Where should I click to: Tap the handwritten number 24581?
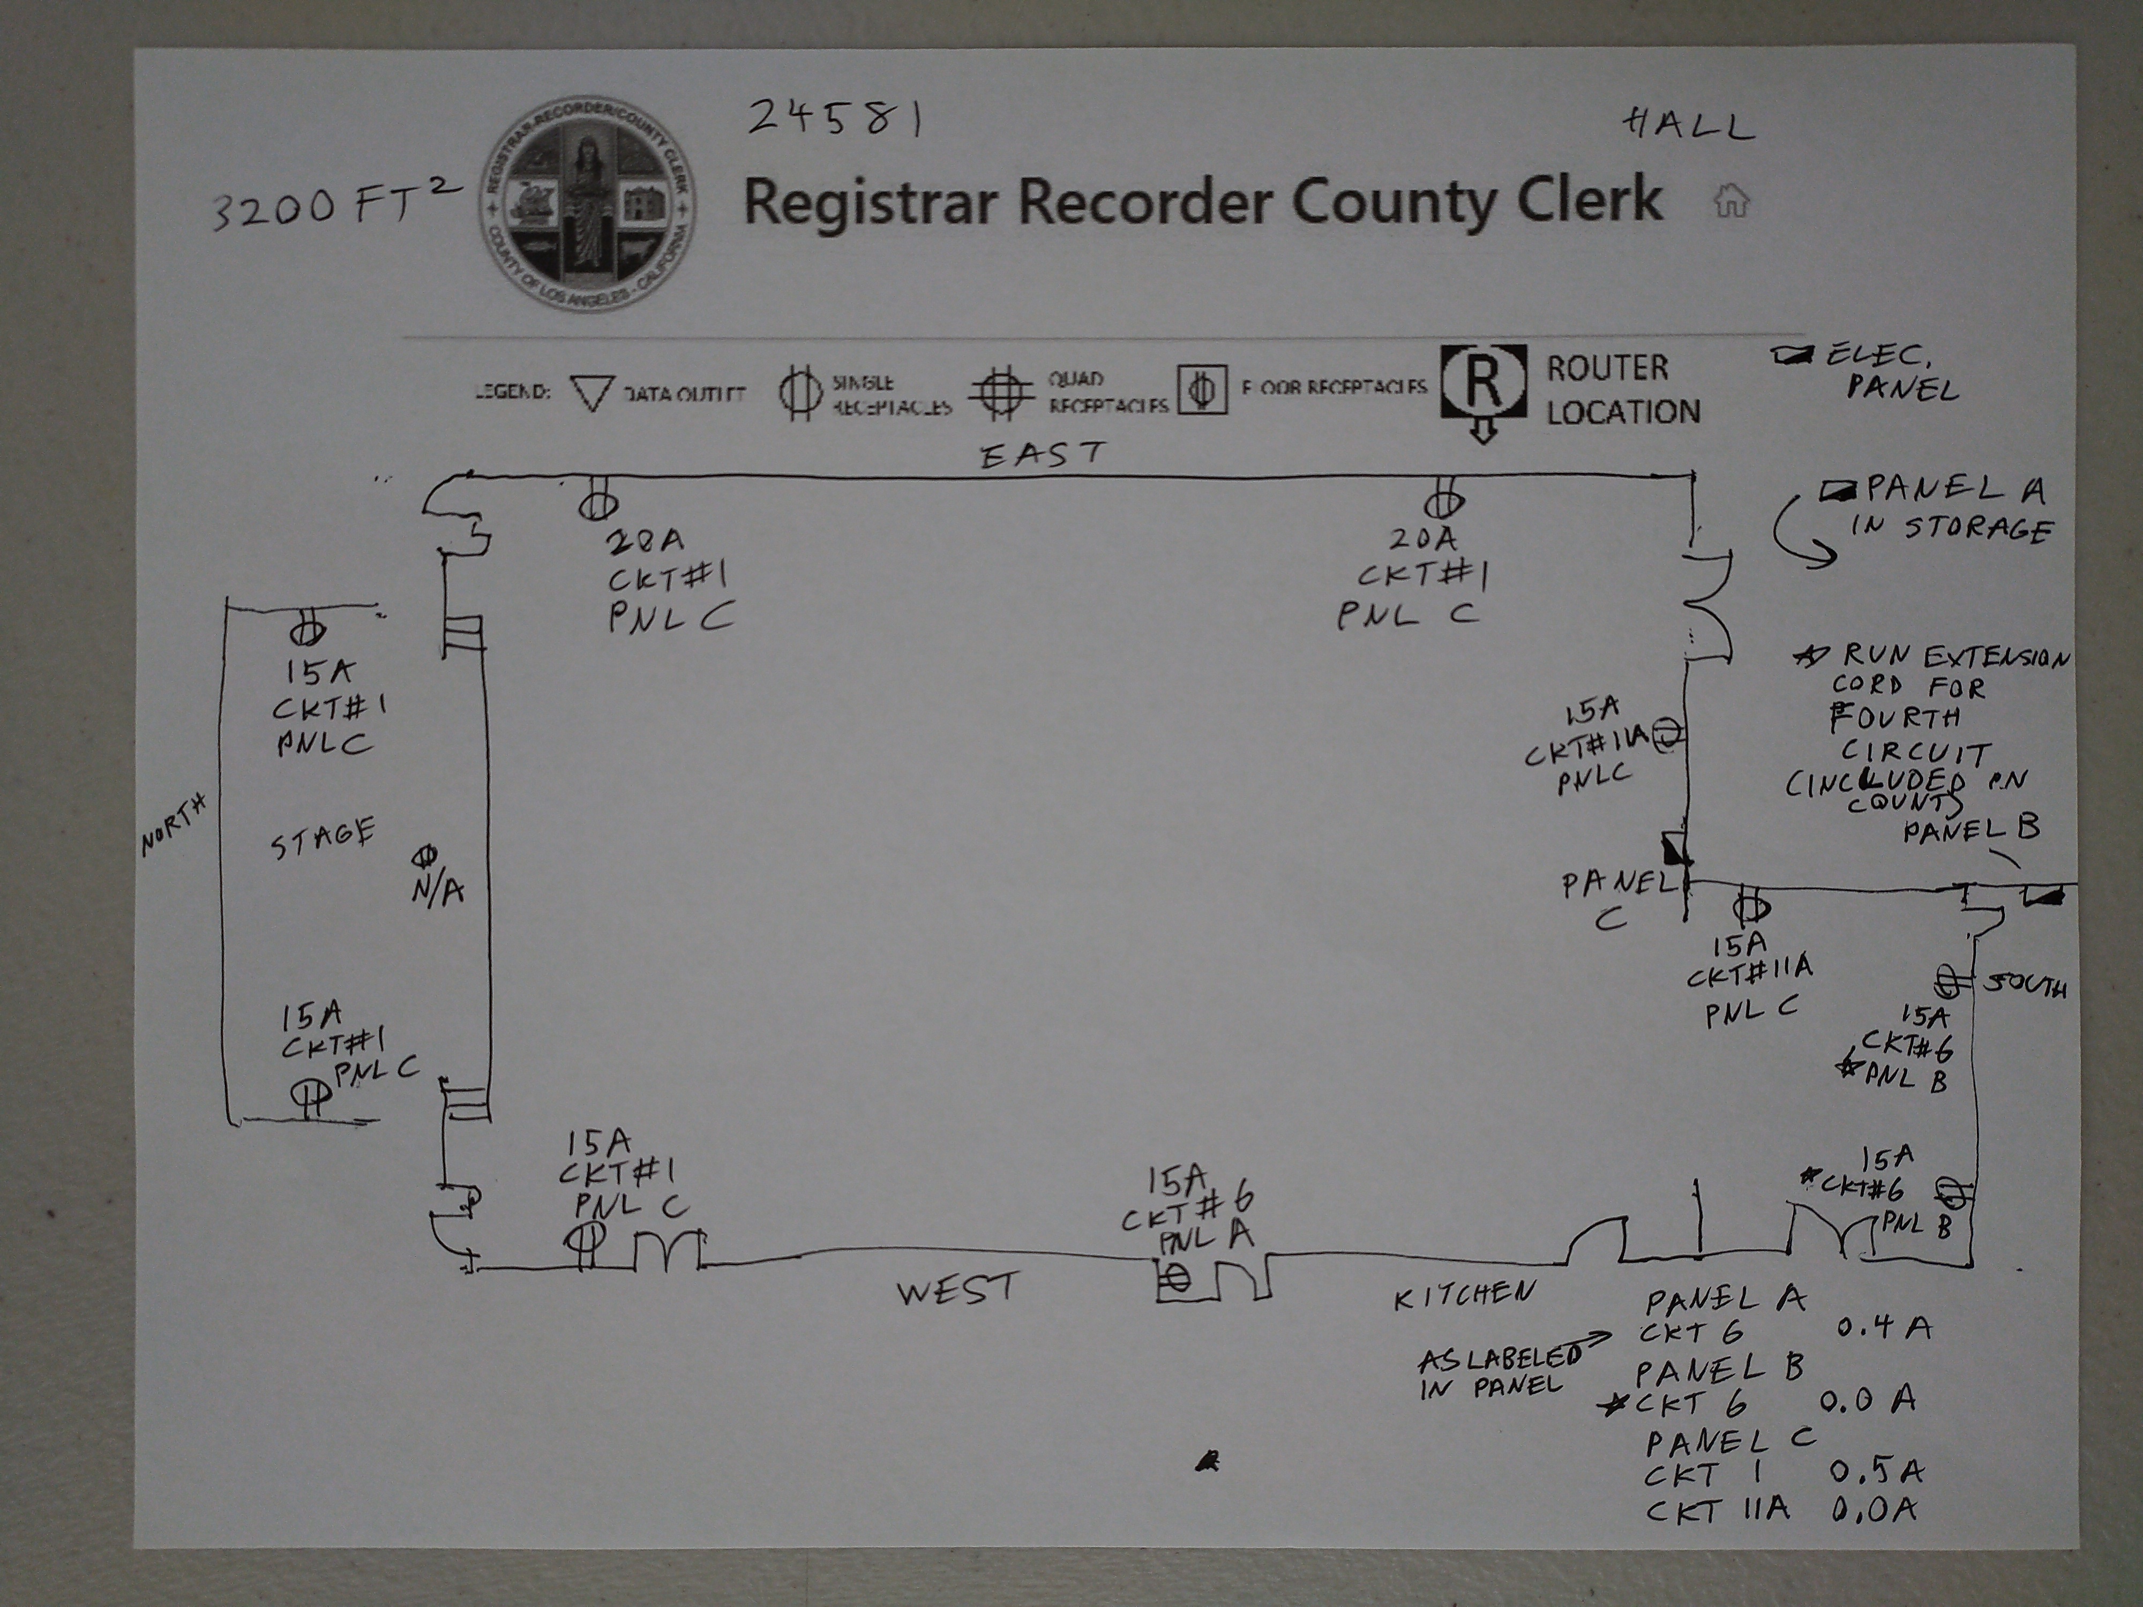[x=835, y=119]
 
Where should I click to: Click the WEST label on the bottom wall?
[x=957, y=1290]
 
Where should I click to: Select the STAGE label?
[x=323, y=839]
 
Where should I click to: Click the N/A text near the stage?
[x=438, y=889]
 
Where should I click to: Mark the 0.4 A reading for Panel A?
[x=1883, y=1327]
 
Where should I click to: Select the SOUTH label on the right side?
[x=2025, y=986]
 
